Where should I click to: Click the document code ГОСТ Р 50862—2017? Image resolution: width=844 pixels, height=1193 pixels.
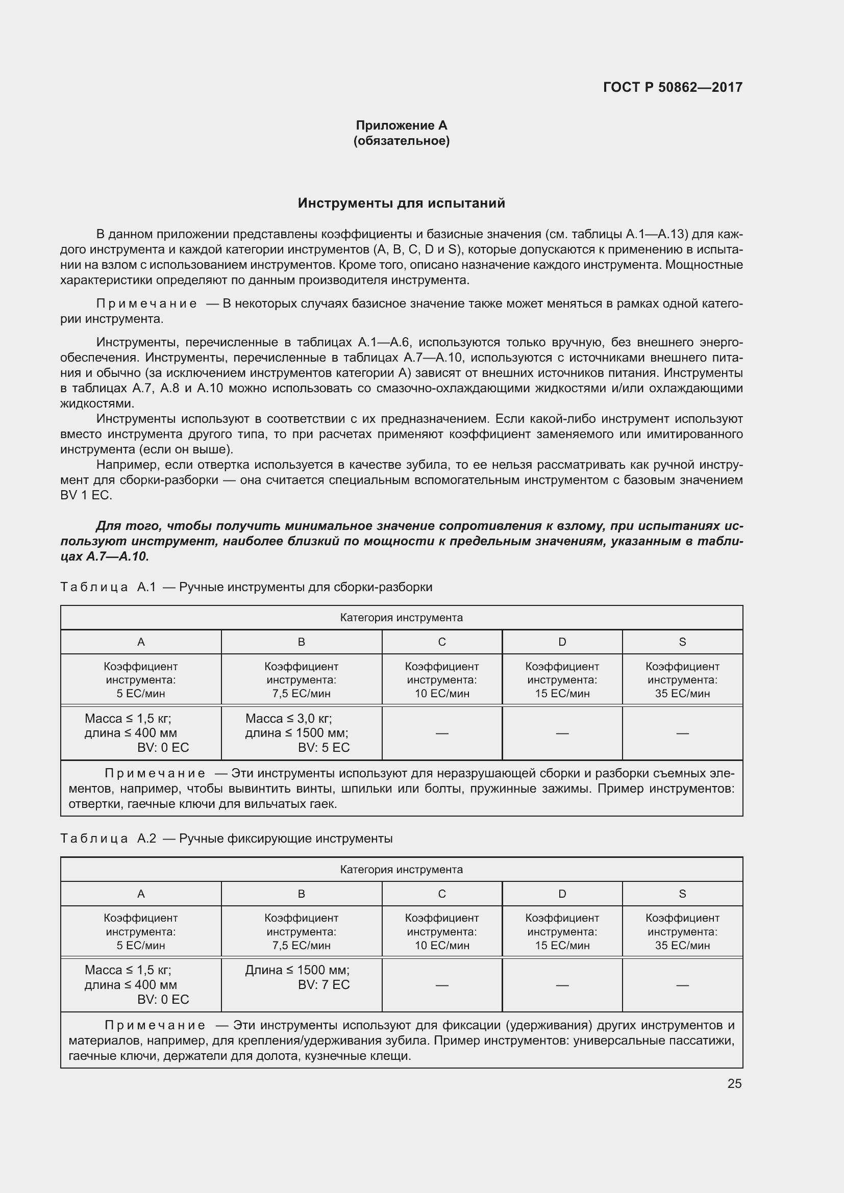673,87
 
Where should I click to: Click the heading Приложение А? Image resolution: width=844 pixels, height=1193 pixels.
401,125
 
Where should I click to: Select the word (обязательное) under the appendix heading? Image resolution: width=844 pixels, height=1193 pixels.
401,141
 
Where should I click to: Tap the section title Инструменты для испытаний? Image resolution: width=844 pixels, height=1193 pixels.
401,203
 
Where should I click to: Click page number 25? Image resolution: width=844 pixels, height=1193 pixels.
734,1083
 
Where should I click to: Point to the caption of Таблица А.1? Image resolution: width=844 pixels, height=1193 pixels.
246,587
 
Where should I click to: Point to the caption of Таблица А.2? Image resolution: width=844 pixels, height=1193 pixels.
227,839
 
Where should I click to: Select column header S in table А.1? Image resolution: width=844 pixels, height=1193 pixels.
682,642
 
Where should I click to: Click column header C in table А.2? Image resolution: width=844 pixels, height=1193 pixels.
442,894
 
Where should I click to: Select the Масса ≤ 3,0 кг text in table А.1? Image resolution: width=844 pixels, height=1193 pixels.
288,719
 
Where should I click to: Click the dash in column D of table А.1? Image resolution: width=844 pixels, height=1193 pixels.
562,733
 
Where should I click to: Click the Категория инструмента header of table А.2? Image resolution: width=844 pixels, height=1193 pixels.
401,869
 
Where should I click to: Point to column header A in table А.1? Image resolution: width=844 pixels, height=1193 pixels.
141,642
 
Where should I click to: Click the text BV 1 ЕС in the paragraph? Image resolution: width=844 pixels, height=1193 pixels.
86,495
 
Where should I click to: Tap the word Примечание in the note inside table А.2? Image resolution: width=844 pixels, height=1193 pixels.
155,1025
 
